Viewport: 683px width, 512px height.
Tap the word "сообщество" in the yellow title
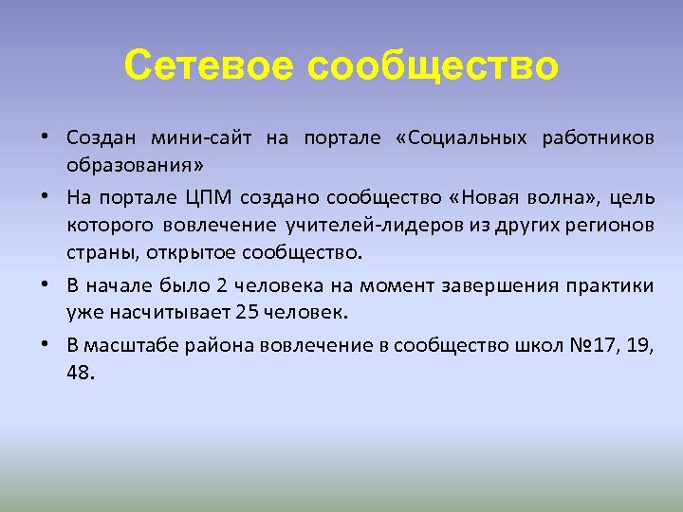433,66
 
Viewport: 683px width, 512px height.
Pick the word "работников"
598,138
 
